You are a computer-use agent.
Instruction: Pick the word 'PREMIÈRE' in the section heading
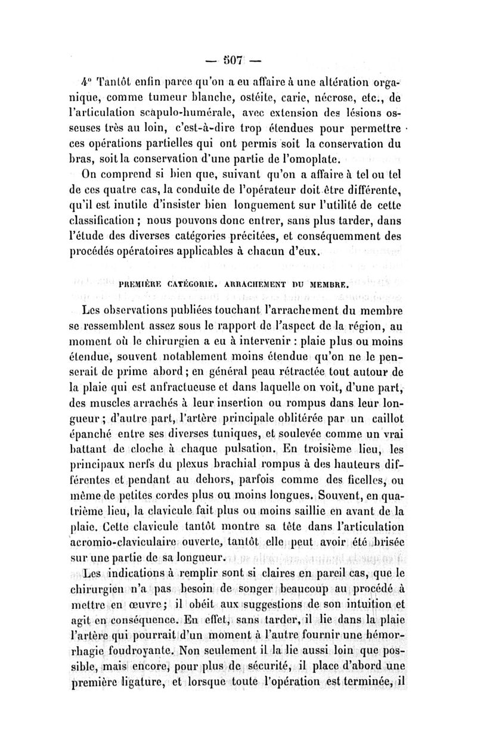pyautogui.click(x=143, y=285)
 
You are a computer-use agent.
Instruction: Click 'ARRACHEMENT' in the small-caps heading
pyautogui.click(x=258, y=285)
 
